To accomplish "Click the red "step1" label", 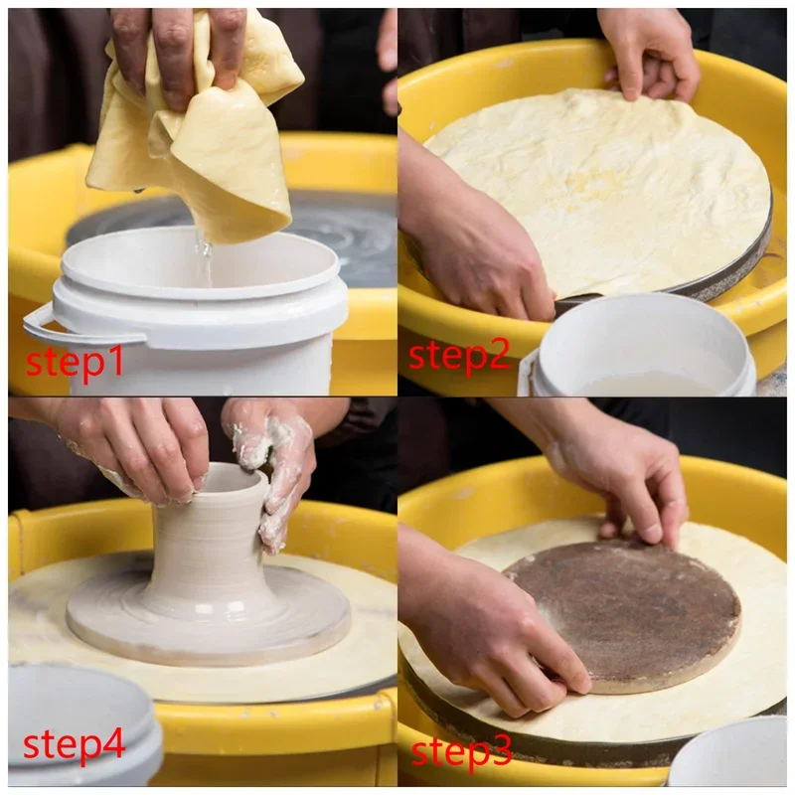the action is [75, 362].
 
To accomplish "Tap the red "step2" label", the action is [459, 357].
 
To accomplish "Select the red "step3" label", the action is [461, 751].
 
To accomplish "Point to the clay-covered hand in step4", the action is [271, 466].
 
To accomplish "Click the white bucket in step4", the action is [77, 730].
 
